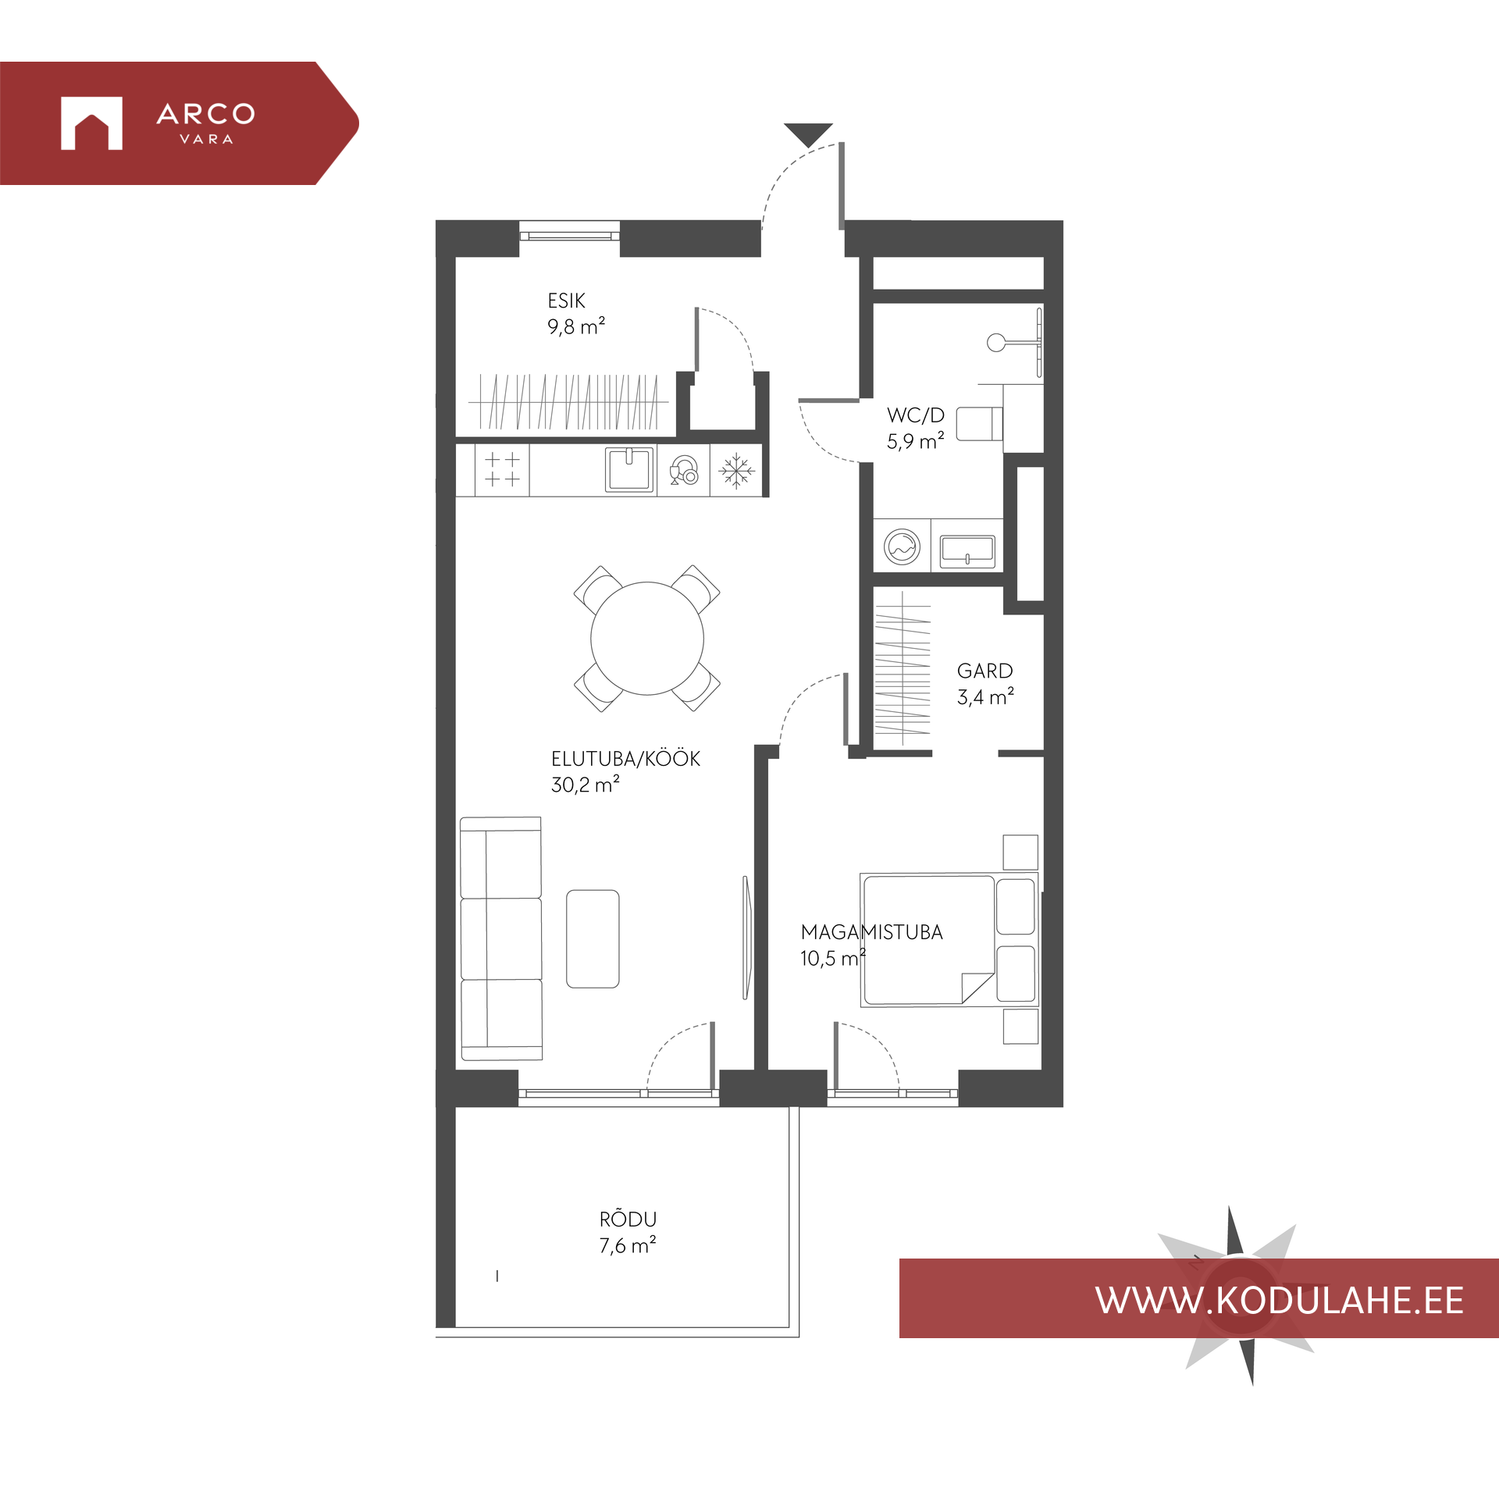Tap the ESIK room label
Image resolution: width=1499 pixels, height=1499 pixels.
(566, 301)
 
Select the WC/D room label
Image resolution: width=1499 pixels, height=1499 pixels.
(915, 415)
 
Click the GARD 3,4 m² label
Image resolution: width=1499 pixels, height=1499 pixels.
(985, 684)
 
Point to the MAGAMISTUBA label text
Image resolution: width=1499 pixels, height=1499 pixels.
(871, 931)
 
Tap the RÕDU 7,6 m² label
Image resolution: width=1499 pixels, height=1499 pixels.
(628, 1232)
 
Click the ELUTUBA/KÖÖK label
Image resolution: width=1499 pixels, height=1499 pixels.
(625, 758)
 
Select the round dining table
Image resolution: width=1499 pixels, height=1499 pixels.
(646, 638)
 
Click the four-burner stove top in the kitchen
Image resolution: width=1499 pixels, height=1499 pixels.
(502, 469)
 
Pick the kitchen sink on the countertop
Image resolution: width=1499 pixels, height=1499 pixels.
(629, 469)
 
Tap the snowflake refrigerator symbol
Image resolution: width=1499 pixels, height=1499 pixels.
(736, 471)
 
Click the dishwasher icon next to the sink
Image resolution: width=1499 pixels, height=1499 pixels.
(684, 470)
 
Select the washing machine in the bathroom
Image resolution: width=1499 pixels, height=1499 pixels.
(902, 546)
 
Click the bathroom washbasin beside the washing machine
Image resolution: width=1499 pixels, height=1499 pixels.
(967, 550)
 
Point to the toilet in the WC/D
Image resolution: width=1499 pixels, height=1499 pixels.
(980, 423)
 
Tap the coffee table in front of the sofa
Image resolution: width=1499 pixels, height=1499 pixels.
(593, 938)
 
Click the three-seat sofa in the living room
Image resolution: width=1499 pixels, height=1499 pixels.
(500, 938)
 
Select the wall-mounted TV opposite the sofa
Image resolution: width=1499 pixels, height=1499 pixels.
(746, 937)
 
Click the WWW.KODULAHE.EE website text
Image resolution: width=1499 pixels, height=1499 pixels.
(1280, 1301)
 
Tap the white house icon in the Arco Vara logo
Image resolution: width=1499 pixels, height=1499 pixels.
(91, 123)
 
